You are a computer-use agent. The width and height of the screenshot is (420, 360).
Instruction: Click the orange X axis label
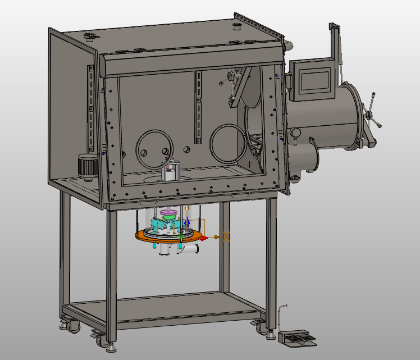[x=226, y=236]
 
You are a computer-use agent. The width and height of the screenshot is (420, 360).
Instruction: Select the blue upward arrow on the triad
[x=186, y=221]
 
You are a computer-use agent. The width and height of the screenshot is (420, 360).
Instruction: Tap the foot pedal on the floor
[x=296, y=337]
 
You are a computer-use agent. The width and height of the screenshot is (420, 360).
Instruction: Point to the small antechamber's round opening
[x=311, y=157]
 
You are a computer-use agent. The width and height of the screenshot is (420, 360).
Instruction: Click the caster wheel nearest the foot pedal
[x=260, y=326]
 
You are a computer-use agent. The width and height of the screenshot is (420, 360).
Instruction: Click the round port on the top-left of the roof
[x=89, y=37]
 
